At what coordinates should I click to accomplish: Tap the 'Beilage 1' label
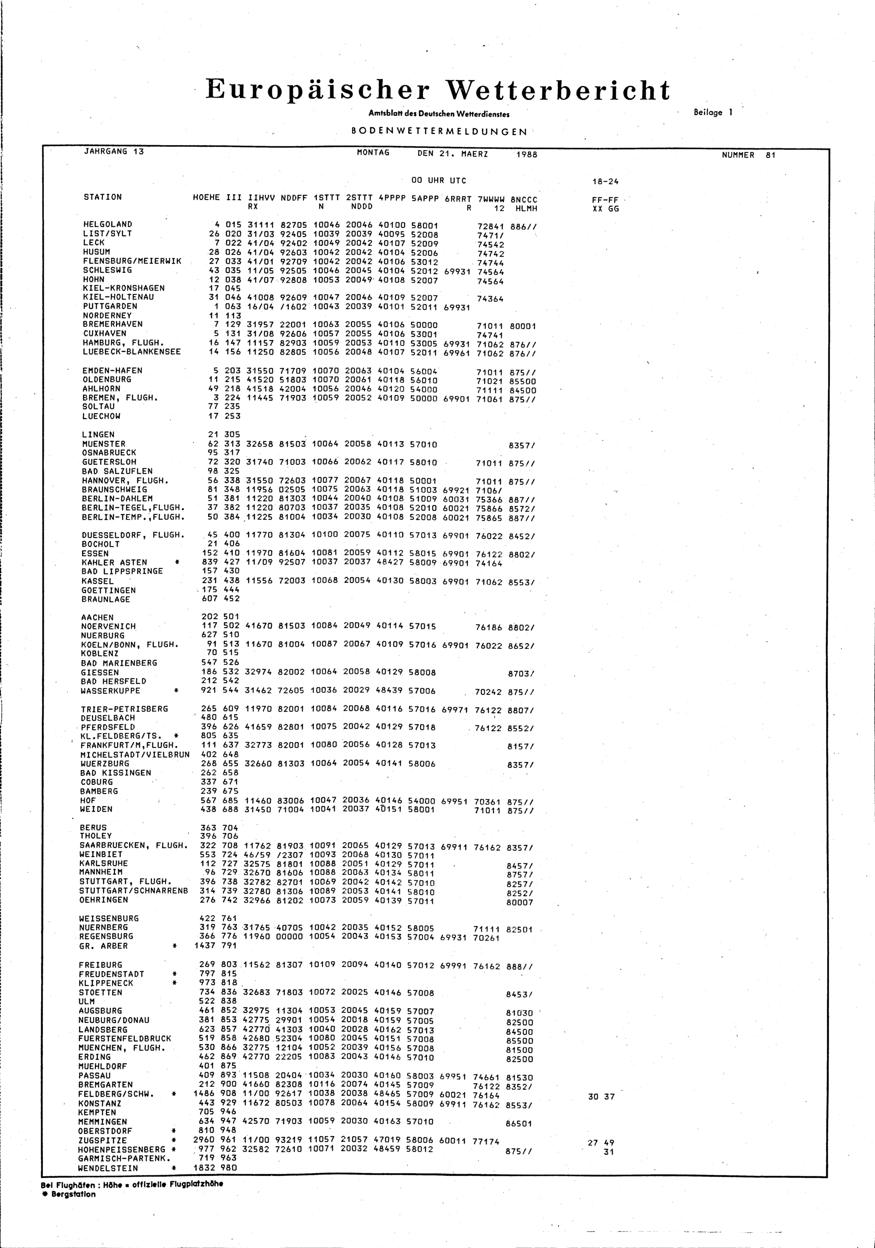(x=713, y=112)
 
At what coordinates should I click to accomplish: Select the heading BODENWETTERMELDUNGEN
(x=439, y=132)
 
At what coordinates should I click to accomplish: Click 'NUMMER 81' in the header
(x=748, y=155)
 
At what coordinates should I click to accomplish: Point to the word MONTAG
(x=373, y=153)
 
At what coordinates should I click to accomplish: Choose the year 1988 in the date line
(x=526, y=154)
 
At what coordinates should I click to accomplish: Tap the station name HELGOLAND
(x=108, y=224)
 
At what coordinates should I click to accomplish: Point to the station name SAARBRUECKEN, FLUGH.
(x=134, y=845)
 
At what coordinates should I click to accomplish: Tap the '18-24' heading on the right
(x=605, y=181)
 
